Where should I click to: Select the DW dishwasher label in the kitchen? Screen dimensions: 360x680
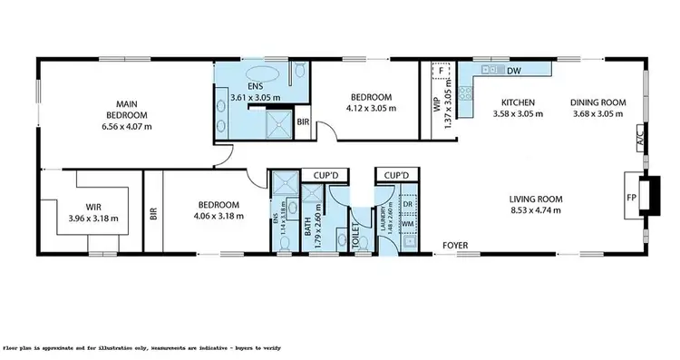coord(513,70)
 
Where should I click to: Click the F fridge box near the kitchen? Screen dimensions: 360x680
coord(441,70)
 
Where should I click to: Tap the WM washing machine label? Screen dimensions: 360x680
coord(408,223)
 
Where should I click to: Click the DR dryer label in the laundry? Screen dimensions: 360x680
coord(408,207)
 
